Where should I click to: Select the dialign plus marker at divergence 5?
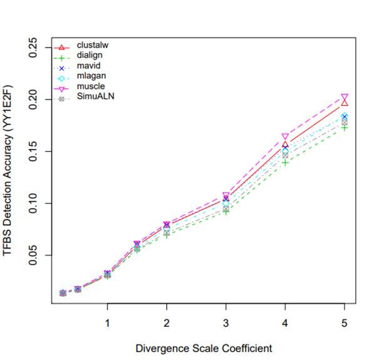point(345,128)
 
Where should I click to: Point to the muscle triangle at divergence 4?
point(285,136)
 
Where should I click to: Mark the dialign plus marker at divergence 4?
point(285,163)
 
